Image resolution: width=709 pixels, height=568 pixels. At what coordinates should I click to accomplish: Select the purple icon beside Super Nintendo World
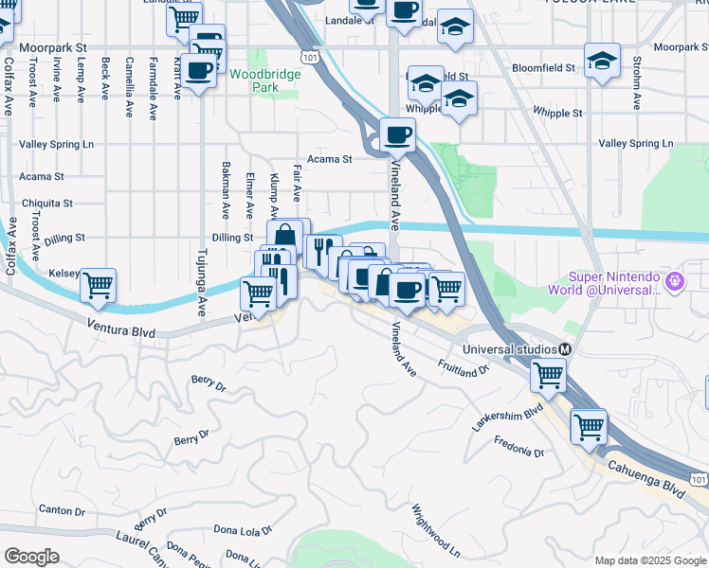pos(675,280)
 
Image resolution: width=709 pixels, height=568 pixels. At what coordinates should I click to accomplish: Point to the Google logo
pos(31,557)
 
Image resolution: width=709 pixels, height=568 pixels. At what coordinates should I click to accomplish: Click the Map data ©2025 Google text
pos(650,560)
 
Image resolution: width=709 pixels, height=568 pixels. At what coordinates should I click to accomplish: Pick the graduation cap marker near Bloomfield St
pos(601,62)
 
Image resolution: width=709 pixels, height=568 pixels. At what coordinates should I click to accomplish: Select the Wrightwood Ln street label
pos(435,531)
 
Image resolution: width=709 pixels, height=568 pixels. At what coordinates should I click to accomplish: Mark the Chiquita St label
pos(47,204)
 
